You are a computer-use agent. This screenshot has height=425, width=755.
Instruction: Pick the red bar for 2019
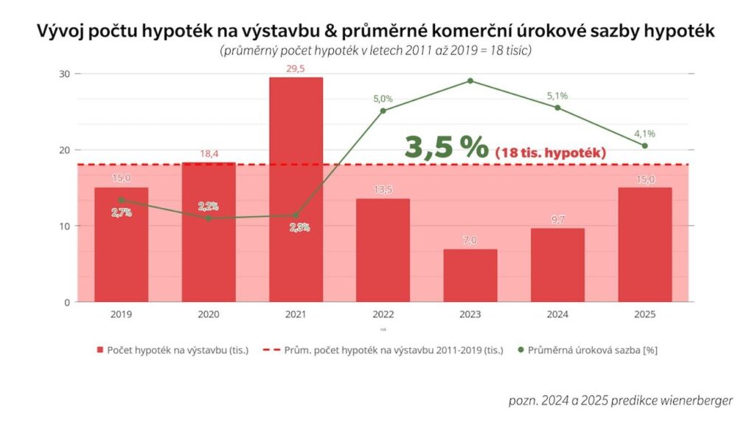(x=121, y=244)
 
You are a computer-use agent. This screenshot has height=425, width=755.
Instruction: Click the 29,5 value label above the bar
(x=296, y=69)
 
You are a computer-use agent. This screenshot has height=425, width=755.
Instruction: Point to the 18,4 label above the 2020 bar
(x=209, y=153)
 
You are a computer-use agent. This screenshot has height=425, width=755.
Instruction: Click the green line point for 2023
(x=470, y=80)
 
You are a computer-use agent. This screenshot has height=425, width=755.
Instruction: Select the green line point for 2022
(x=383, y=111)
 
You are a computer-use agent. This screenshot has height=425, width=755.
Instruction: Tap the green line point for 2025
(x=644, y=145)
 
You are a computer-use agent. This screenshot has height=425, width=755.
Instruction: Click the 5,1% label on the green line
(x=557, y=95)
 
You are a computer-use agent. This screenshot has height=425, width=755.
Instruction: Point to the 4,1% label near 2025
(x=644, y=134)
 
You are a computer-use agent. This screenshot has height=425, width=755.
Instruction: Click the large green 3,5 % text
(x=446, y=146)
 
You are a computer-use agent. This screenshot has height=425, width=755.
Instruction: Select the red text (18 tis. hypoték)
(x=551, y=152)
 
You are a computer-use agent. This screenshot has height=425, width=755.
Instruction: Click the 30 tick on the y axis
(x=64, y=74)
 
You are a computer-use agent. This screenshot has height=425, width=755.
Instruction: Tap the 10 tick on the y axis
(x=64, y=226)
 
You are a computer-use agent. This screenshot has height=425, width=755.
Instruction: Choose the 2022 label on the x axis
(x=383, y=314)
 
